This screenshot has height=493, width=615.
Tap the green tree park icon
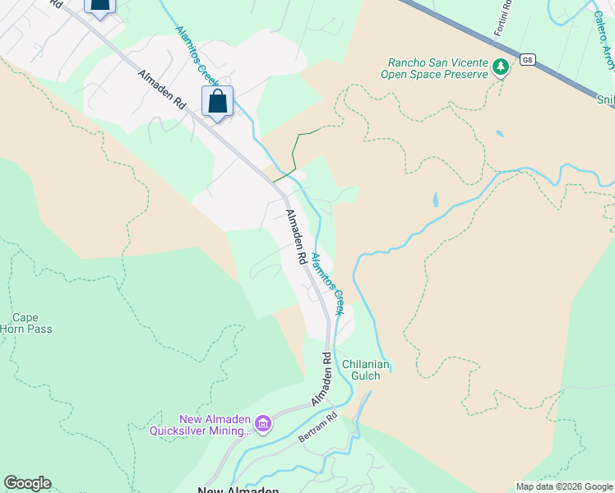coord(500,67)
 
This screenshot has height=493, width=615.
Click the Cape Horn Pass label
coord(32,323)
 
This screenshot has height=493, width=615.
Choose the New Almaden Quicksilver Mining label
coord(201,425)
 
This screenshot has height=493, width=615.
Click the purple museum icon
coord(263,424)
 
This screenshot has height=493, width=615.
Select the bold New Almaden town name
coord(238,489)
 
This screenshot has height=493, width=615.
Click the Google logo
coord(27,483)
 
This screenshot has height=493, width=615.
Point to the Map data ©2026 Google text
coord(563,486)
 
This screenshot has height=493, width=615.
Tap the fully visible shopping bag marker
coord(217,103)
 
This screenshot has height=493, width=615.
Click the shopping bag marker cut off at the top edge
coord(99,7)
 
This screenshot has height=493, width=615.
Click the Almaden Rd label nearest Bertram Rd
coord(321,380)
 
